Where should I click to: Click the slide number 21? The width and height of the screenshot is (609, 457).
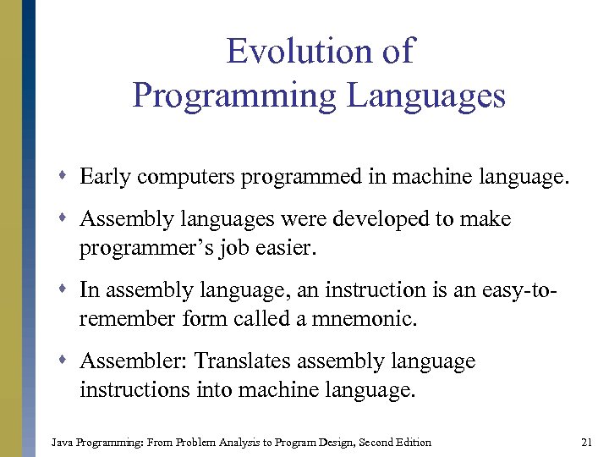point(586,442)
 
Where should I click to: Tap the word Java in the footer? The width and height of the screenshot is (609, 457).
point(62,442)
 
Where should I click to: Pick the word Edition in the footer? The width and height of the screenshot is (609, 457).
point(412,442)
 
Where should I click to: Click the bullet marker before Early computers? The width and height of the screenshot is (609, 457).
point(66,177)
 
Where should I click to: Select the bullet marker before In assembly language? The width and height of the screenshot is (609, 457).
point(66,290)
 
